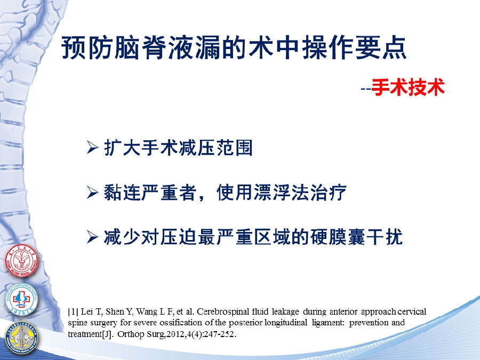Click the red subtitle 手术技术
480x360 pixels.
tap(408, 87)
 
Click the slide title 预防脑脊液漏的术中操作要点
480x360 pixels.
tap(234, 48)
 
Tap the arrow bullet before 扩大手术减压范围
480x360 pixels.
tap(92, 148)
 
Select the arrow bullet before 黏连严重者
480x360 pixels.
tap(92, 193)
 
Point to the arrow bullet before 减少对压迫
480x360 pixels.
tap(92, 237)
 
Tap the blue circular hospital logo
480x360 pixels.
tap(21, 299)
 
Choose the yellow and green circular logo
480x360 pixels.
tap(21, 337)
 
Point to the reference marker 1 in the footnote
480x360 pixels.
tap(73, 312)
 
